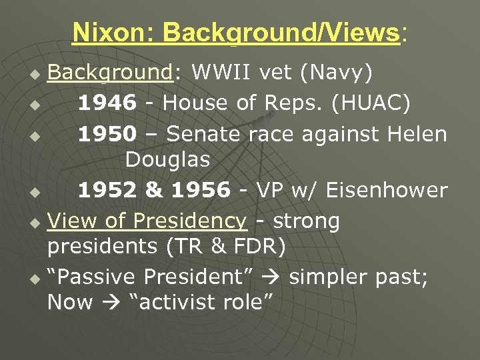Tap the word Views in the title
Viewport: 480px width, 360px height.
tap(363, 32)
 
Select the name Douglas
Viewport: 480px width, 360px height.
tap(167, 160)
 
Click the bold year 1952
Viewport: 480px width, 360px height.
tap(107, 190)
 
